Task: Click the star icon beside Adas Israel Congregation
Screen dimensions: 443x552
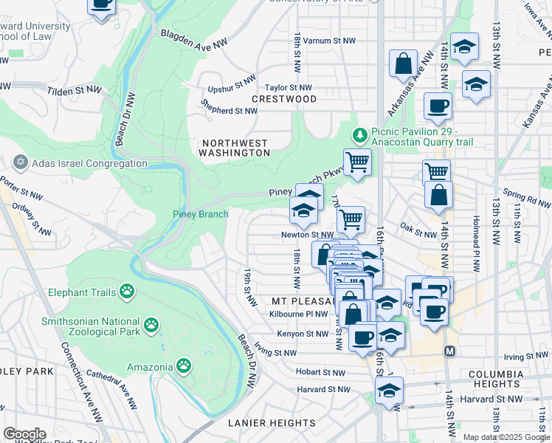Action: pyautogui.click(x=19, y=162)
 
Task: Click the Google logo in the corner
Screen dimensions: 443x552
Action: pyautogui.click(x=24, y=434)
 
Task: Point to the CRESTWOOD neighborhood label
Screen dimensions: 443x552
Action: pyautogui.click(x=284, y=99)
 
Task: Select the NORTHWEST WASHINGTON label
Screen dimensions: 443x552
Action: pyautogui.click(x=235, y=148)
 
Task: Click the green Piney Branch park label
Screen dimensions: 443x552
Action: pyautogui.click(x=200, y=215)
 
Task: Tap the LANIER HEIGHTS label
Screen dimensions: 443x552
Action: pyautogui.click(x=272, y=423)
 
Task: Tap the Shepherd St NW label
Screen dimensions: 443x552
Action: pyautogui.click(x=230, y=111)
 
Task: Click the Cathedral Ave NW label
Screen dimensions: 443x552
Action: pyautogui.click(x=111, y=387)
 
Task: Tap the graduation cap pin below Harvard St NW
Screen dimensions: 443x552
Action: pyautogui.click(x=389, y=391)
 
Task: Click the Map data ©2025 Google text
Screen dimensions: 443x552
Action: pyautogui.click(x=506, y=437)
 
